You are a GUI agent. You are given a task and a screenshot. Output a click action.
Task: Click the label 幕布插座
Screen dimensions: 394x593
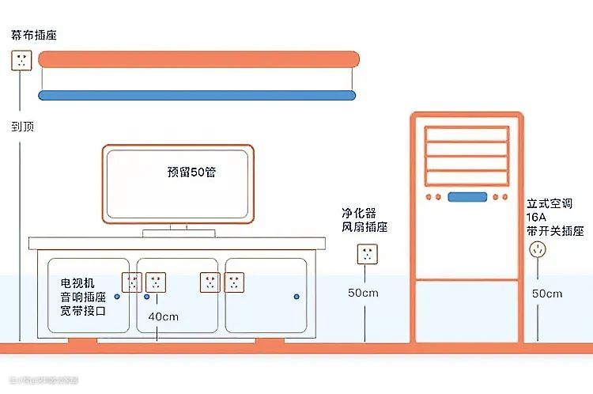[x=34, y=36]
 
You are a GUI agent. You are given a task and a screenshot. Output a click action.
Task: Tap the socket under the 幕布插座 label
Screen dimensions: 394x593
[x=21, y=60]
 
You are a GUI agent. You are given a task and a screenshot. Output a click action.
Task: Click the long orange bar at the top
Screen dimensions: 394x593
[x=198, y=59]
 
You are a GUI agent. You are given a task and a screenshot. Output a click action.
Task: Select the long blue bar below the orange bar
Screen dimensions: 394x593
[x=197, y=96]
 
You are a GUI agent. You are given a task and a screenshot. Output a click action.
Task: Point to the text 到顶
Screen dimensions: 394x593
[x=22, y=126]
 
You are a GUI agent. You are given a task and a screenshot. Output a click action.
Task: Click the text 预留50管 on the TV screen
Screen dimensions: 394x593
[x=191, y=172]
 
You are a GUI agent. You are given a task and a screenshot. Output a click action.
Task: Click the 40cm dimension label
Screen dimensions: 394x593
[x=164, y=316]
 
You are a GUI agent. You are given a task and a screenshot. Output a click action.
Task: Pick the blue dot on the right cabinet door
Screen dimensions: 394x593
[x=296, y=296]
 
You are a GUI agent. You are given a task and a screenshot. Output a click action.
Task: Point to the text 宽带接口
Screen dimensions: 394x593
[x=82, y=311]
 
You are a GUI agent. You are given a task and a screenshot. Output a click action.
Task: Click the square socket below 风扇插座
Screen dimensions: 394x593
[x=366, y=254]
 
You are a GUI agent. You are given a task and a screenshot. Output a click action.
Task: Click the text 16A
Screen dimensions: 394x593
[x=538, y=217]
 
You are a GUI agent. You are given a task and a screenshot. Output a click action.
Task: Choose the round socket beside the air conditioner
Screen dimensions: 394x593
[x=538, y=250]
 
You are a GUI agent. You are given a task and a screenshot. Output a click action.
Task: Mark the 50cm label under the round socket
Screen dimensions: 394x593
[x=547, y=294]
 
